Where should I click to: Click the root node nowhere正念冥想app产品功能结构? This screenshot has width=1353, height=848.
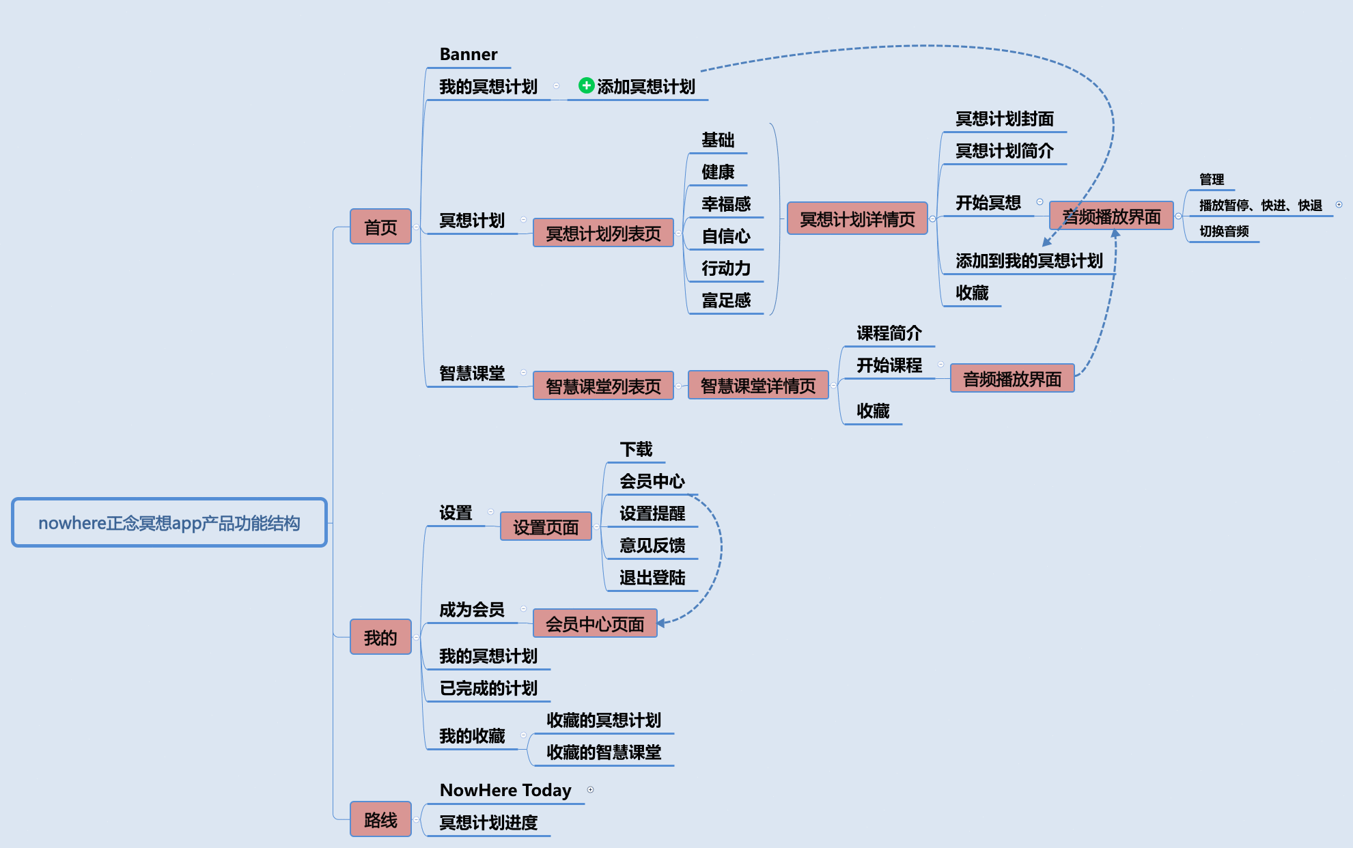click(x=169, y=522)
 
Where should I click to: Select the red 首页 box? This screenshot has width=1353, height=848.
click(x=380, y=227)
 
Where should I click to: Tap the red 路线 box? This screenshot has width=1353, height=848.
click(x=380, y=819)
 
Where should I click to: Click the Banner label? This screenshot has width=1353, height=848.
click(x=469, y=54)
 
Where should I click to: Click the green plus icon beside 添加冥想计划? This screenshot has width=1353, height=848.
click(x=586, y=85)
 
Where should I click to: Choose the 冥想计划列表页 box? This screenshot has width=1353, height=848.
click(x=603, y=234)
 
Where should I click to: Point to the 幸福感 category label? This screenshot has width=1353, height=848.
click(x=726, y=204)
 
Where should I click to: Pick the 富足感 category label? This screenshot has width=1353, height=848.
click(x=726, y=300)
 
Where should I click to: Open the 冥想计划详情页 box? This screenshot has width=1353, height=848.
click(x=857, y=218)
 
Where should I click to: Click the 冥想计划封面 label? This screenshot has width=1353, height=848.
click(x=1005, y=119)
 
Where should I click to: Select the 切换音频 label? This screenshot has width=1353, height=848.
click(x=1224, y=231)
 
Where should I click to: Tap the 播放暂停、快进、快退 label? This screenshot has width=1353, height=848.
click(x=1261, y=206)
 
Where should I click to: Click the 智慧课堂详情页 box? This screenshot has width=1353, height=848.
click(x=758, y=386)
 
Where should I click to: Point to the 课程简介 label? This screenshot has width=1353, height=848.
click(x=889, y=333)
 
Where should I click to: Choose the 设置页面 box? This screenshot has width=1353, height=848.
click(x=546, y=526)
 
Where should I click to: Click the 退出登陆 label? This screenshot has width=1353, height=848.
click(x=652, y=578)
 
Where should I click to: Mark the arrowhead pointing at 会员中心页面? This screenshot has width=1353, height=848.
click(x=661, y=623)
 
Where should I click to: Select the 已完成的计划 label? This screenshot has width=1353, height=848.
click(x=488, y=688)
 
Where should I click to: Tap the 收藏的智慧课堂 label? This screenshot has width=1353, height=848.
click(x=604, y=752)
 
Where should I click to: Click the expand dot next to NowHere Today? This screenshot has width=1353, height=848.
click(x=590, y=790)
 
